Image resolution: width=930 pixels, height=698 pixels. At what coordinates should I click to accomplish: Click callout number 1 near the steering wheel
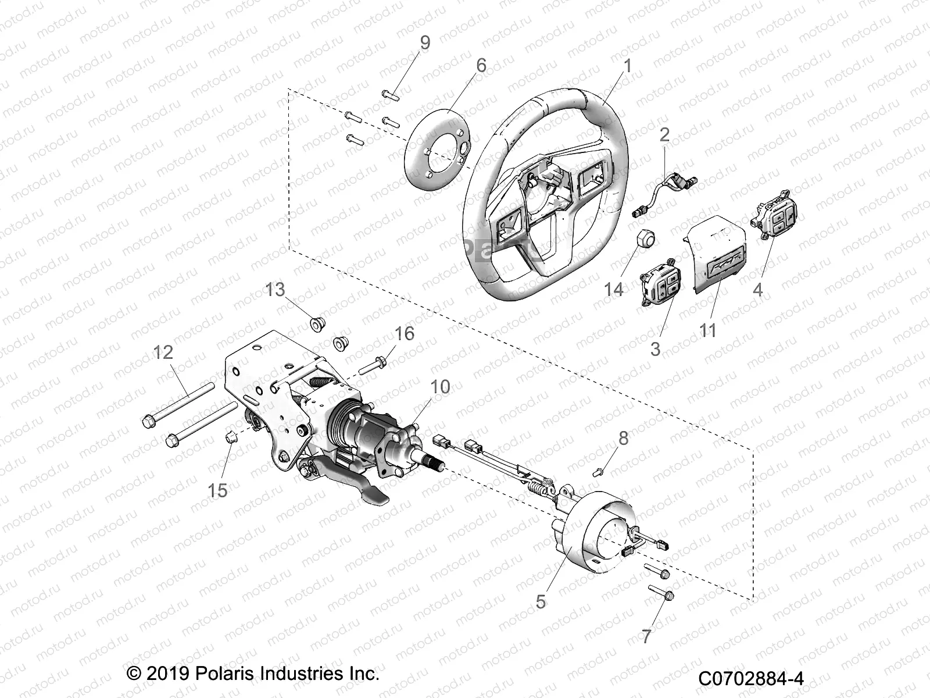coord(627,66)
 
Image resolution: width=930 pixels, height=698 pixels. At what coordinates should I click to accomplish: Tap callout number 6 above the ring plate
coord(480,65)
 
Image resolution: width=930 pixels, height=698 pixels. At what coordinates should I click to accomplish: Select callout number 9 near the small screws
coord(425,42)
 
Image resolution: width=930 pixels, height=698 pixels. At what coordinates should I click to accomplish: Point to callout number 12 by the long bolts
coord(164,351)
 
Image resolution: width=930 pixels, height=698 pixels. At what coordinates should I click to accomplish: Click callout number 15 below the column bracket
coord(218,490)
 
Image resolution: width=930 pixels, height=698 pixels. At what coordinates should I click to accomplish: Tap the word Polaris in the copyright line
coord(224,675)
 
